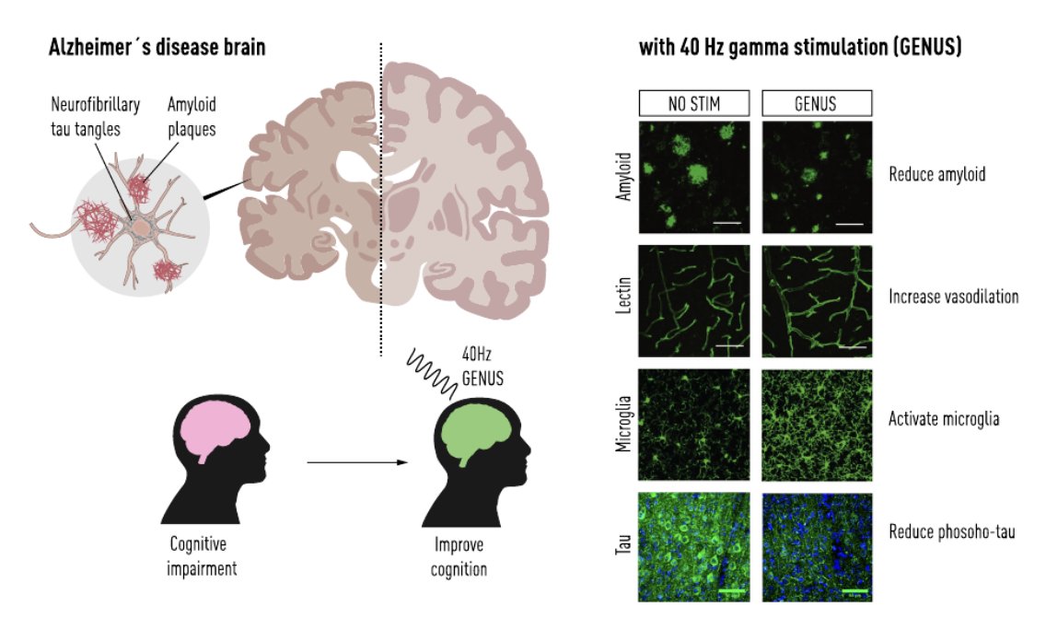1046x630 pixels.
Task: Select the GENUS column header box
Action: (x=815, y=103)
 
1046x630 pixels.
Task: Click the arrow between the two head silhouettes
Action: (x=356, y=461)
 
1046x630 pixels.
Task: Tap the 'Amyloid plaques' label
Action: (x=192, y=117)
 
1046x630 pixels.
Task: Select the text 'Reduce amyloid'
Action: (x=937, y=173)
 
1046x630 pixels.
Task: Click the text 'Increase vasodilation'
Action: (x=953, y=297)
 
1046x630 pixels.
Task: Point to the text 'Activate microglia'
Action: (x=944, y=419)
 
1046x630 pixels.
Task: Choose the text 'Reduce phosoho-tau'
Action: (x=952, y=531)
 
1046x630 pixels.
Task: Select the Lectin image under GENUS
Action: (x=817, y=300)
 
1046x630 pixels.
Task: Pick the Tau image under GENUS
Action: (x=817, y=548)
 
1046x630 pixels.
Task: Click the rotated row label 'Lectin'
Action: (x=622, y=300)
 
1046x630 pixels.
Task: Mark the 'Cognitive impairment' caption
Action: (x=202, y=555)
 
